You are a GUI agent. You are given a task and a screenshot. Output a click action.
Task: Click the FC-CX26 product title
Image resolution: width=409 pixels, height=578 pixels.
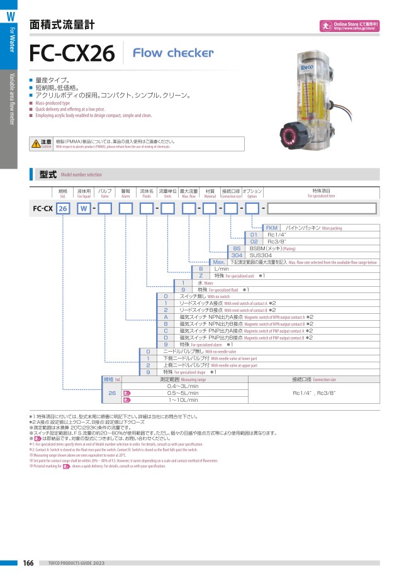pyautogui.click(x=72, y=55)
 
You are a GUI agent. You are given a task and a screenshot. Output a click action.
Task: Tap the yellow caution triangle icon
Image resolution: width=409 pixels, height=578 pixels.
pyautogui.click(x=36, y=144)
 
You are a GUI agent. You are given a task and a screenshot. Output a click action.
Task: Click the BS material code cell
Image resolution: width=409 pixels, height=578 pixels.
pyautogui.click(x=237, y=248)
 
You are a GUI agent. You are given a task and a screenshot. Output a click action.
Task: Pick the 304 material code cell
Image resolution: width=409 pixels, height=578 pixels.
pyautogui.click(x=237, y=255)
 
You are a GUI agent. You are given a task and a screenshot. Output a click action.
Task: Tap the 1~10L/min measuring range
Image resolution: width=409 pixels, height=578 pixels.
pyautogui.click(x=183, y=399)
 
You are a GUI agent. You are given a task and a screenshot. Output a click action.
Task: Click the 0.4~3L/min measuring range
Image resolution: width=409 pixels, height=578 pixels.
pyautogui.click(x=183, y=386)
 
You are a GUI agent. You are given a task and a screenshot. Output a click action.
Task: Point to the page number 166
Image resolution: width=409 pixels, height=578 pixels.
pyautogui.click(x=28, y=562)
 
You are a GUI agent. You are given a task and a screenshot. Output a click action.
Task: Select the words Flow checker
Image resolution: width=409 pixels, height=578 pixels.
pyautogui.click(x=173, y=53)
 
